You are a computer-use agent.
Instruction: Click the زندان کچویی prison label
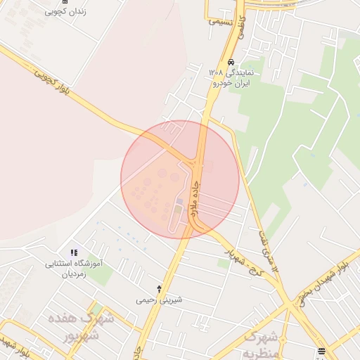click(x=65, y=12)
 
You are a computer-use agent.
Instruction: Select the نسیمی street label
click(x=220, y=21)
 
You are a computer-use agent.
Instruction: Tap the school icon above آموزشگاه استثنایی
click(x=74, y=253)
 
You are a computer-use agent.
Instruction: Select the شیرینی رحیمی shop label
click(x=159, y=300)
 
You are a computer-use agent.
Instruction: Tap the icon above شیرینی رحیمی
click(x=159, y=288)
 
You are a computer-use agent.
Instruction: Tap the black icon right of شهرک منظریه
click(x=321, y=350)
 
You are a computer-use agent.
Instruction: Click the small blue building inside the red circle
click(x=179, y=202)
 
